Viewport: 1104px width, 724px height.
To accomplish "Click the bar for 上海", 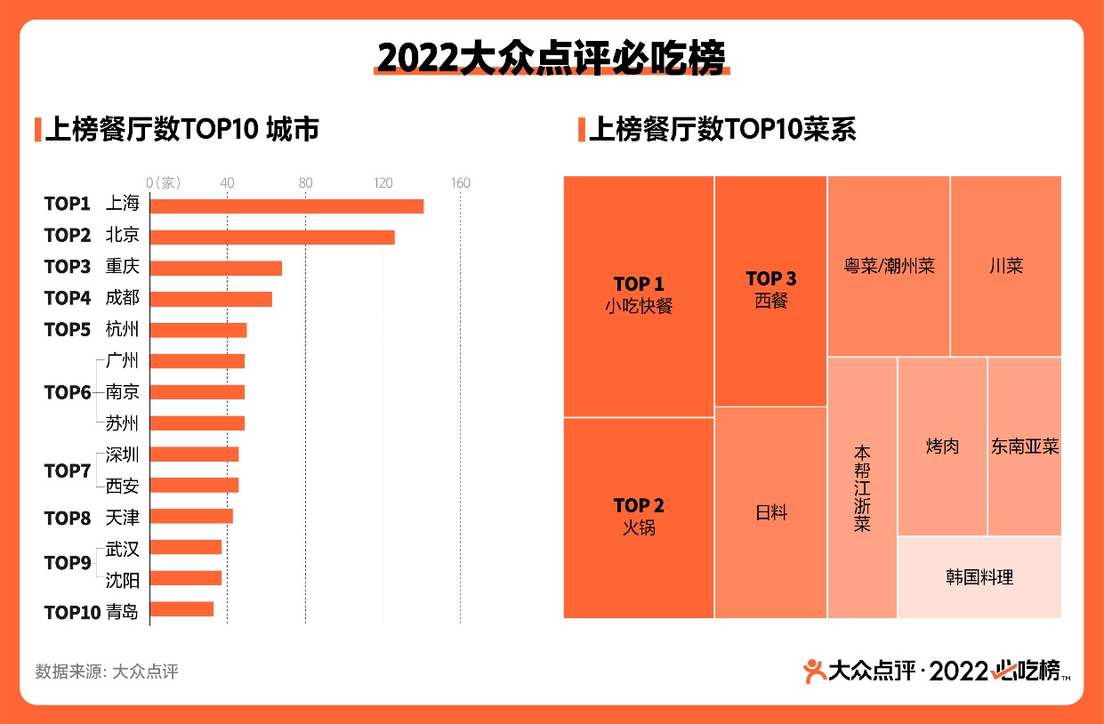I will coord(286,205).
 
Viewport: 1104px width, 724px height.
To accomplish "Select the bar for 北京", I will coord(272,237).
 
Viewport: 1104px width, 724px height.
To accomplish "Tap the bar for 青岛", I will coord(181,609).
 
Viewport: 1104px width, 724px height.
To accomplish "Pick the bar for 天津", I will coord(191,516).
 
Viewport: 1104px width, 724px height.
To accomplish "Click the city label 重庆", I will coord(122,267).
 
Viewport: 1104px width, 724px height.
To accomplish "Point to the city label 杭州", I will coord(122,330).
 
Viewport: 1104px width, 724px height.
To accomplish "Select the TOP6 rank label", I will coord(68,392).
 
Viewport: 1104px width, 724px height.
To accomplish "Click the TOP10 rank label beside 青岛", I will coord(71,612).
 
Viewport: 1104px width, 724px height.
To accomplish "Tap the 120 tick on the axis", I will coord(383,183).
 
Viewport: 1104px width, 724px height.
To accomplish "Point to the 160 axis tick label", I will coord(460,183).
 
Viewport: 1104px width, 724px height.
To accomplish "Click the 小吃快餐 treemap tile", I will coord(639,296).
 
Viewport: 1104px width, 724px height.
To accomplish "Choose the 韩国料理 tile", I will coord(979,577).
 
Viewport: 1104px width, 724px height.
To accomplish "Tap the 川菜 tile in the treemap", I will coord(1005,266).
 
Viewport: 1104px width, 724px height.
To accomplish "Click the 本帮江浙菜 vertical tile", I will coord(862,487).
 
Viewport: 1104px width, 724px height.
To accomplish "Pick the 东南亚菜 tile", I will coord(1025,446).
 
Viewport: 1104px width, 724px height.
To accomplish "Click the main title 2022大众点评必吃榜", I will coord(551,57).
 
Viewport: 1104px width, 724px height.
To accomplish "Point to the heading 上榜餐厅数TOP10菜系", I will coord(721,130).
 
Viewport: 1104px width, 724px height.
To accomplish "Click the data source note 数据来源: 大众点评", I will coord(107,672).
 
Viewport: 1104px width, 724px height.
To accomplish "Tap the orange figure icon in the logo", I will coord(813,670).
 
